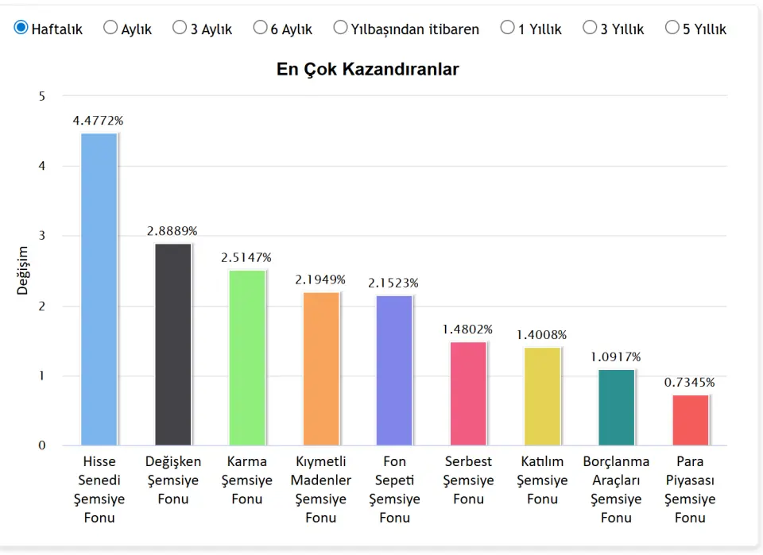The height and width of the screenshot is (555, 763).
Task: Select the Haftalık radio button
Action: click(x=21, y=28)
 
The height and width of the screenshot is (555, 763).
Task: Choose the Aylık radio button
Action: click(x=110, y=28)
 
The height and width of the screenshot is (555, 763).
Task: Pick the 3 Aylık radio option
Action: click(x=180, y=28)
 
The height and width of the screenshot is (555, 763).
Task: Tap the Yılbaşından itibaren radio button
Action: click(x=340, y=28)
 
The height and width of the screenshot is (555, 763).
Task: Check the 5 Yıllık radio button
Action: click(x=672, y=28)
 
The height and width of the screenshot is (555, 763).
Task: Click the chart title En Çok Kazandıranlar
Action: click(x=367, y=69)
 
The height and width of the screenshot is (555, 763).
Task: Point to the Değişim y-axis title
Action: click(x=22, y=271)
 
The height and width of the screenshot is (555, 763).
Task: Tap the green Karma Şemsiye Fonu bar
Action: click(x=246, y=358)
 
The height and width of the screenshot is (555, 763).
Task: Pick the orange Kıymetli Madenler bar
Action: click(x=321, y=369)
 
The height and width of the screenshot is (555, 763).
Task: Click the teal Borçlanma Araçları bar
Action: click(x=617, y=407)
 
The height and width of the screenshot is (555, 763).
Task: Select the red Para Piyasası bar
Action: click(x=690, y=420)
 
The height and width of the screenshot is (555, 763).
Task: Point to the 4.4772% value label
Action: click(x=98, y=121)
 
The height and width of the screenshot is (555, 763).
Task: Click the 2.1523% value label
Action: click(x=393, y=283)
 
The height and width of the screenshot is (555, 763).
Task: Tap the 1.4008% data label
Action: click(x=541, y=335)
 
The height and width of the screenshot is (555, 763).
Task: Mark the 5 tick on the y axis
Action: click(x=42, y=96)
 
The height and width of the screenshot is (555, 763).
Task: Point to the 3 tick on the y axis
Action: click(x=42, y=236)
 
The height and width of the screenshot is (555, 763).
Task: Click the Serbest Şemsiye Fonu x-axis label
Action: click(x=468, y=480)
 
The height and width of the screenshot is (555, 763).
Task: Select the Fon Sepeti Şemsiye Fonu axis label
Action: click(x=394, y=489)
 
